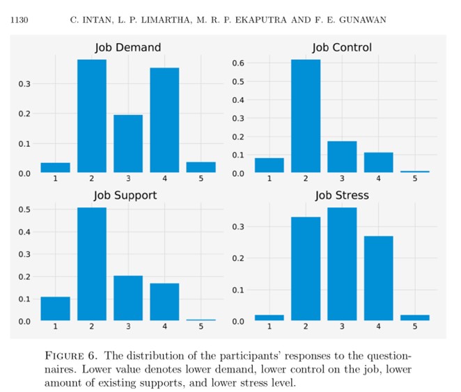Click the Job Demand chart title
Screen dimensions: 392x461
pos(127,48)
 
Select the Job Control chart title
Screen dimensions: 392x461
pos(341,48)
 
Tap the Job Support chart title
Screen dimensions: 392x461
pos(125,196)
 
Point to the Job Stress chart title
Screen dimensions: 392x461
pos(341,196)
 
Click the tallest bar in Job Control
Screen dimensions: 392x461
pos(305,116)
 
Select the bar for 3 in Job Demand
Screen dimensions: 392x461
pos(127,143)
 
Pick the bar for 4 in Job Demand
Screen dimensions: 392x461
pos(164,120)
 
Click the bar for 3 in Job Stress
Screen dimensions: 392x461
pos(341,264)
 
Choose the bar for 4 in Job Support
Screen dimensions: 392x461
pos(164,301)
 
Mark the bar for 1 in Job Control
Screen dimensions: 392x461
pos(269,165)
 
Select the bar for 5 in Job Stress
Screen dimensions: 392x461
pos(414,317)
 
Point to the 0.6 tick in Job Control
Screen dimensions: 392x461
pos(239,63)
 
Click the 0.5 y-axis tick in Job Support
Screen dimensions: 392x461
pos(25,210)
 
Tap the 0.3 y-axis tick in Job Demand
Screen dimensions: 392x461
pos(25,84)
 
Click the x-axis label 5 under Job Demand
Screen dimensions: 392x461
pos(201,179)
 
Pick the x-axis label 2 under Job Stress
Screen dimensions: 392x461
pos(305,327)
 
